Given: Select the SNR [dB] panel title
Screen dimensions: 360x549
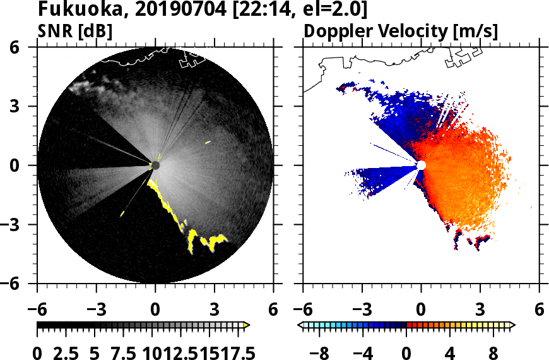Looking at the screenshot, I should (75, 31).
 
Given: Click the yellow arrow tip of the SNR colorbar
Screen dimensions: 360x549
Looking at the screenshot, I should (247, 325).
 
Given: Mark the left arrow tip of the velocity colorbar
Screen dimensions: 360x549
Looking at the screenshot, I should (300, 325).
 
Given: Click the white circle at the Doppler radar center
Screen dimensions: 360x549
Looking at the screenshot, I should (421, 165).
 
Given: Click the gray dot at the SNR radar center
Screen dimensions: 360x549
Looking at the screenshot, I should (155, 165).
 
